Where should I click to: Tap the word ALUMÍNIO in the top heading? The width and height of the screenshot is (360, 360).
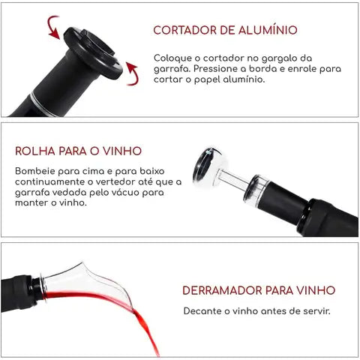268,31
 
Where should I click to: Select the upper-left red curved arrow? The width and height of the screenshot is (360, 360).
53,27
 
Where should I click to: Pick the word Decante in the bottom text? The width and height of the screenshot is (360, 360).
202,310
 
